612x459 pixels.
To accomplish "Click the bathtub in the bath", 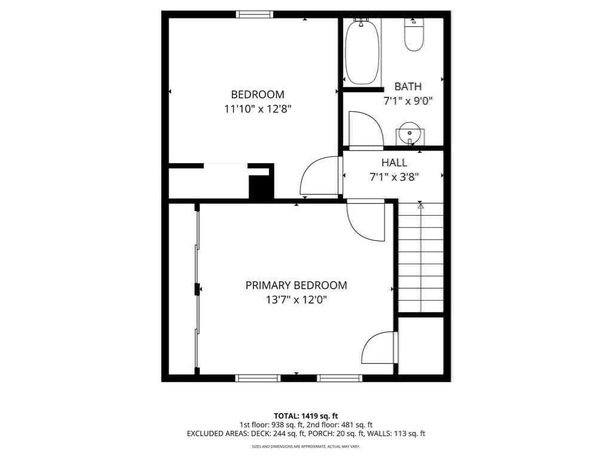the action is click(x=362, y=51).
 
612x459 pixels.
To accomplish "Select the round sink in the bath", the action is click(x=409, y=133).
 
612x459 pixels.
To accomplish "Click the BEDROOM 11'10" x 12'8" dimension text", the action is click(x=258, y=109).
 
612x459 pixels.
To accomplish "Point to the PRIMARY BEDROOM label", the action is click(x=296, y=285).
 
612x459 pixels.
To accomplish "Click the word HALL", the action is click(x=394, y=163).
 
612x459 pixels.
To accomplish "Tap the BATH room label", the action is click(x=408, y=86).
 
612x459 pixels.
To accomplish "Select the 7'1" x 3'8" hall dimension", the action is click(x=394, y=178).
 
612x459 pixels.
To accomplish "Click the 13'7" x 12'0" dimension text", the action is click(x=296, y=300).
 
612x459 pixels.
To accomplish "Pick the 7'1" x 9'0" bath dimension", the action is click(x=408, y=102).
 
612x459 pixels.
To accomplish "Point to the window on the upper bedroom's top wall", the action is click(x=254, y=14).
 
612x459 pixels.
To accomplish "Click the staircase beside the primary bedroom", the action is click(x=421, y=258).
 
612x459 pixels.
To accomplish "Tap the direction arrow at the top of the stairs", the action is click(x=420, y=206).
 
